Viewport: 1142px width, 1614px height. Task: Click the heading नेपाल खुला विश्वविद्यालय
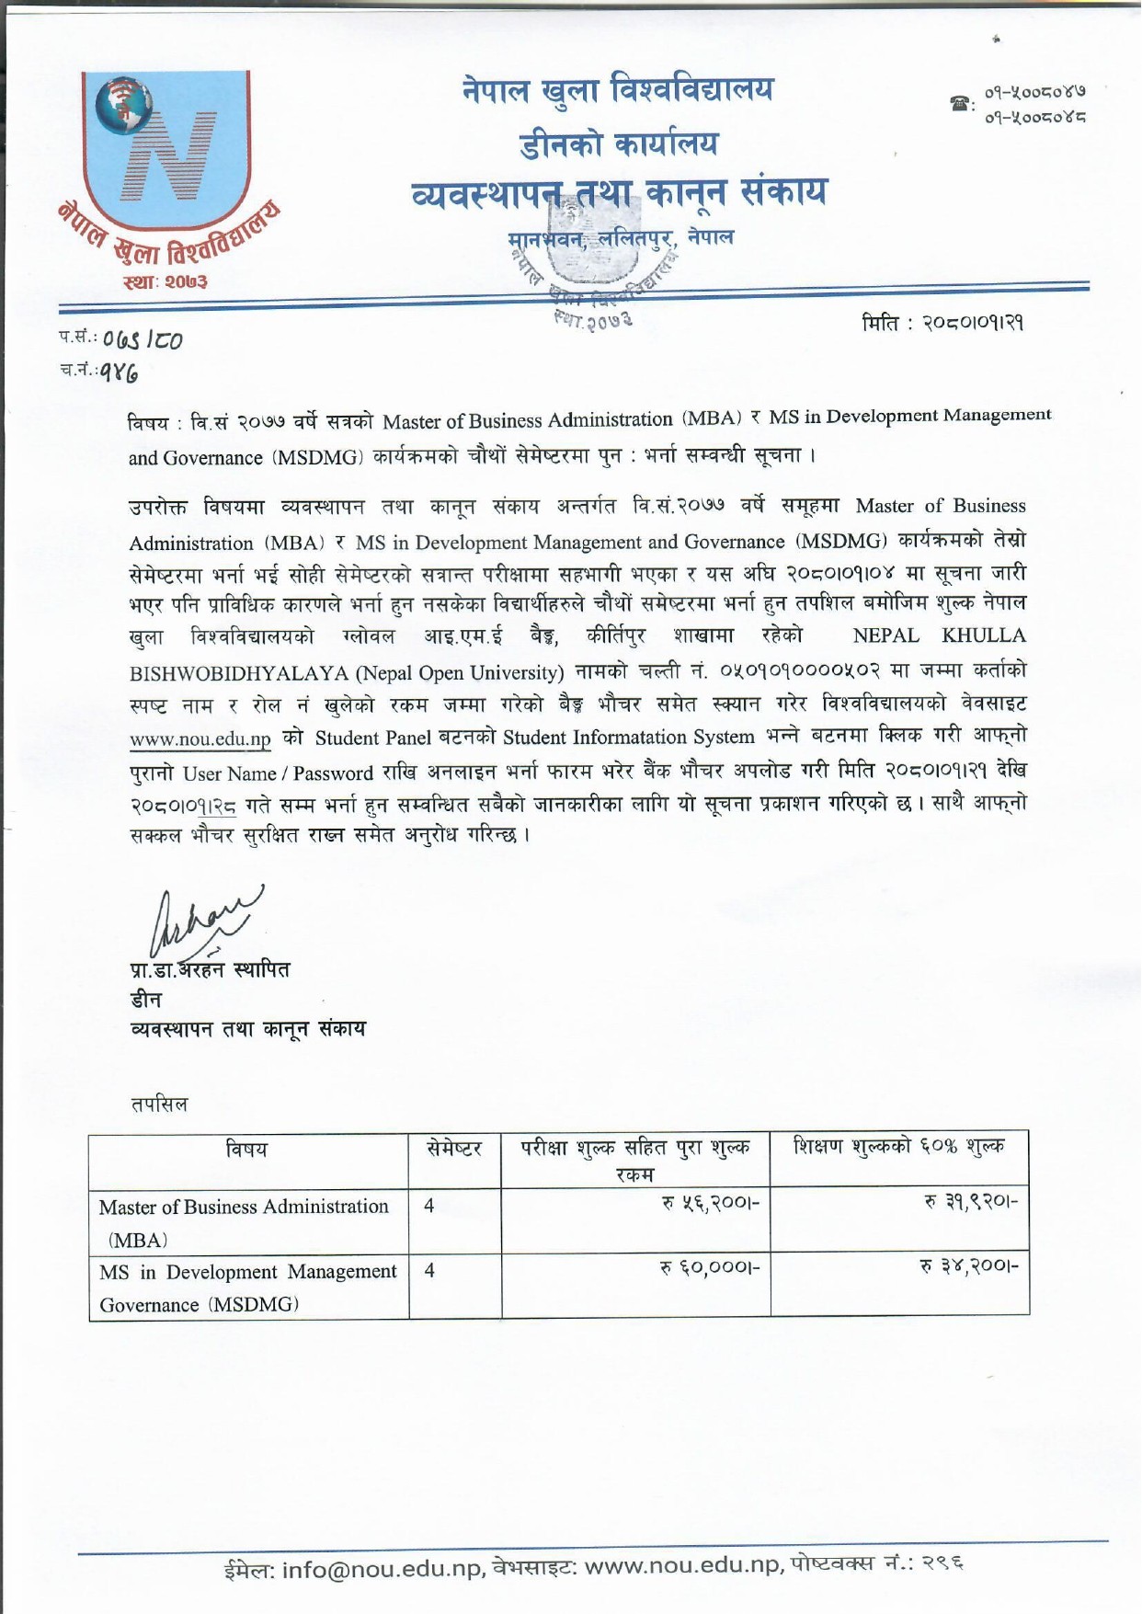(x=617, y=91)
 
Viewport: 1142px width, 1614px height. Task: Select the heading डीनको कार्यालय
(x=617, y=143)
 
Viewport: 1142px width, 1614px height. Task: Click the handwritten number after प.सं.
(x=143, y=339)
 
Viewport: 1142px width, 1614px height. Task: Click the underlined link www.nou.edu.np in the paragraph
(x=200, y=739)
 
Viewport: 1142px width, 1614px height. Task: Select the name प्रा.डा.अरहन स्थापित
(x=210, y=968)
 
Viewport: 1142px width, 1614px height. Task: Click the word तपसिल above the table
(x=159, y=1104)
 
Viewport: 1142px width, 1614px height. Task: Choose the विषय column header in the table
(x=247, y=1149)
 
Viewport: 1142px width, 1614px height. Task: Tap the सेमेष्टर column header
(x=454, y=1149)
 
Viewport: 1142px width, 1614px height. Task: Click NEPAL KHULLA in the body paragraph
(x=939, y=636)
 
